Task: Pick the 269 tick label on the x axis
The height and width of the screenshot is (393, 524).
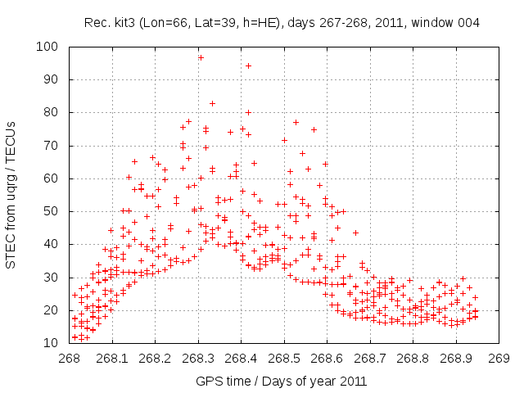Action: tap(499, 358)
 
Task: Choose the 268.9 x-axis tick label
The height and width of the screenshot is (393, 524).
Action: tap(455, 358)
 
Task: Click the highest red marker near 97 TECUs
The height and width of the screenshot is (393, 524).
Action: tap(201, 57)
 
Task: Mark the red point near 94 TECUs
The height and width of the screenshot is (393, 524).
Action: tap(248, 65)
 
